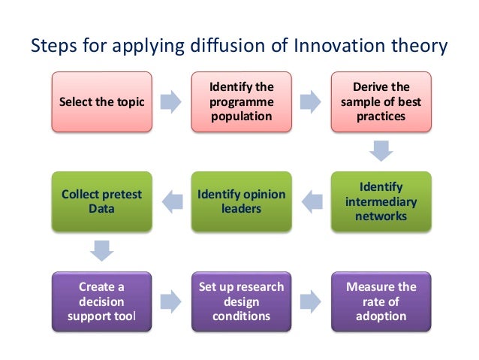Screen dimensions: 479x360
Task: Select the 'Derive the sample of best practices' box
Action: pos(381,101)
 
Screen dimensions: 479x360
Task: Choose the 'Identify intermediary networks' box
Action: pos(381,201)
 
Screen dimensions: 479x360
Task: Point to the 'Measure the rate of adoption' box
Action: pos(381,301)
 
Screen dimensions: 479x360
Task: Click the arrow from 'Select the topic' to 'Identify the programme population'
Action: pos(170,101)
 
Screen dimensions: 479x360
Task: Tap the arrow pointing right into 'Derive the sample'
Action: pos(311,101)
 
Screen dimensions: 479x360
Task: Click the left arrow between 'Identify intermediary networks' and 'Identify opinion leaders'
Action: pos(311,200)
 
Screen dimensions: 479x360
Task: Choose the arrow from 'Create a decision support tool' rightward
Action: pos(170,301)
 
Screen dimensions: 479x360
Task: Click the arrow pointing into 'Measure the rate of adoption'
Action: pos(311,301)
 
